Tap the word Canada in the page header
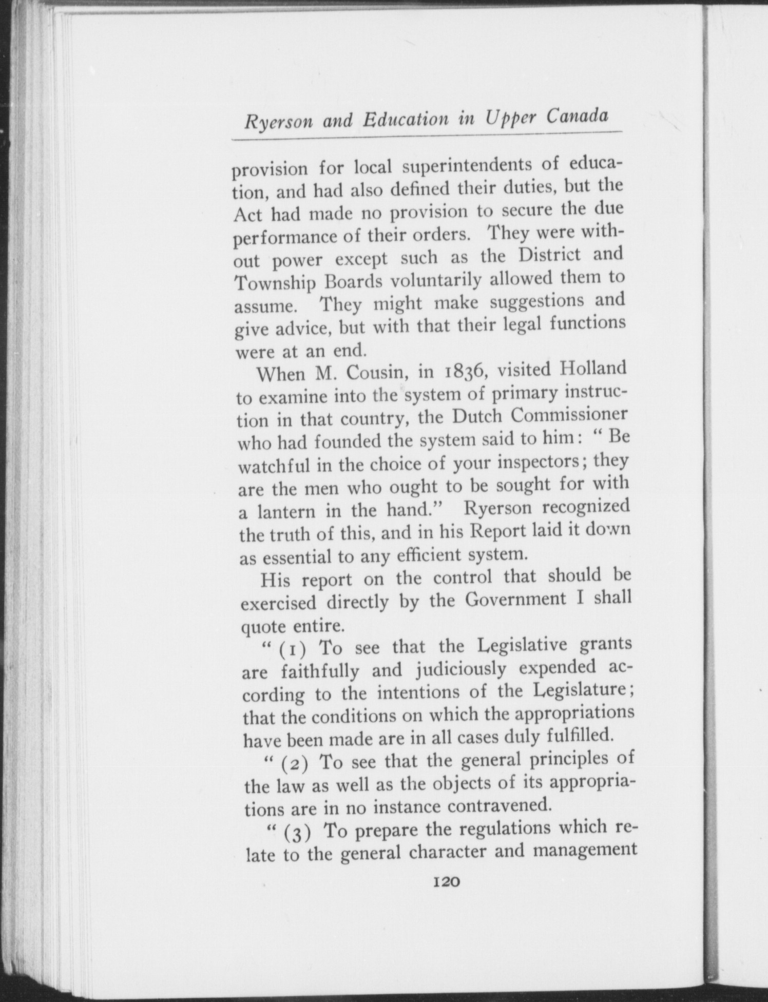[577, 117]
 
